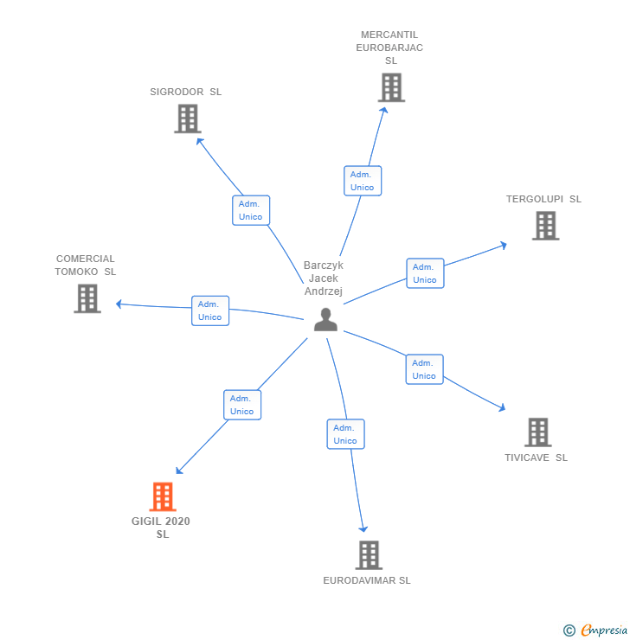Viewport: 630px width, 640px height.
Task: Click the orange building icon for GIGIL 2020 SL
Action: pyautogui.click(x=163, y=496)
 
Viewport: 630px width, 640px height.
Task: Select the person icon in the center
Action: pyautogui.click(x=325, y=320)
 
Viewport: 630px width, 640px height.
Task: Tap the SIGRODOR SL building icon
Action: pyautogui.click(x=187, y=118)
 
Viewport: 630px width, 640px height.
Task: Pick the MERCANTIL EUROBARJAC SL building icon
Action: pyautogui.click(x=391, y=87)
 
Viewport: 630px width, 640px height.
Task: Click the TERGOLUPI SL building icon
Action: pyautogui.click(x=545, y=226)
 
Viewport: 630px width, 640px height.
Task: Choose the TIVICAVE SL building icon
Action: pyautogui.click(x=537, y=432)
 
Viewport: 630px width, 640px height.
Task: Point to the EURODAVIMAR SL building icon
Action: pyautogui.click(x=369, y=555)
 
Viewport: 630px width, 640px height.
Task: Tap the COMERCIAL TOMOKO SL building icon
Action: pyautogui.click(x=87, y=298)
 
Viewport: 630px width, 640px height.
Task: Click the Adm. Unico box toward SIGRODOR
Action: pyautogui.click(x=251, y=210)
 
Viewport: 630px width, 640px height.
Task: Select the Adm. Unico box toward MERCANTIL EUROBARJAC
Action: pyautogui.click(x=363, y=181)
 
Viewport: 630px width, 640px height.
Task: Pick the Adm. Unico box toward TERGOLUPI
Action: pyautogui.click(x=425, y=273)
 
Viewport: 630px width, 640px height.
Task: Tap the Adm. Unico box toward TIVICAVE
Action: pyautogui.click(x=424, y=369)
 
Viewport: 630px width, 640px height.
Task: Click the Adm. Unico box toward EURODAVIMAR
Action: pyautogui.click(x=345, y=434)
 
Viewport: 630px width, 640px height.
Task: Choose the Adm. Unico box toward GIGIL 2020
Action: pyautogui.click(x=242, y=405)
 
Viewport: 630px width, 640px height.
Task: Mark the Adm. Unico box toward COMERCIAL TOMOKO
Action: pyautogui.click(x=210, y=310)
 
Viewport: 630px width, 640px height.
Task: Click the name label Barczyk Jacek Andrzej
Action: pyautogui.click(x=324, y=278)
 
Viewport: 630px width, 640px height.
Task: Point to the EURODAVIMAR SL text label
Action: pyautogui.click(x=367, y=580)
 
